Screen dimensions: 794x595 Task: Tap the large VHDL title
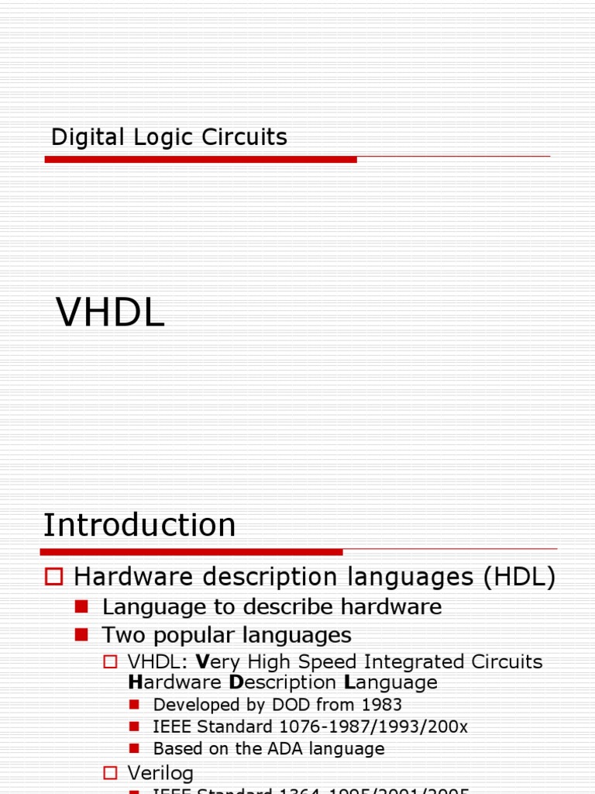point(111,314)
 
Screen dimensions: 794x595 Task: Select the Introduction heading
point(139,525)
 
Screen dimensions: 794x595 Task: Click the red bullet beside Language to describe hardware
point(82,606)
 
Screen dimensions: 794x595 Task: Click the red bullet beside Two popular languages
point(82,634)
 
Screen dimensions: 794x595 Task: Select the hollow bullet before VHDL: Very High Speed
point(110,661)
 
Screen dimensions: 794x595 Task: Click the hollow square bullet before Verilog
point(110,772)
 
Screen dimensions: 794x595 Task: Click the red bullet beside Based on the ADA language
point(134,748)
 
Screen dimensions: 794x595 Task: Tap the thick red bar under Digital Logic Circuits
point(201,159)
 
